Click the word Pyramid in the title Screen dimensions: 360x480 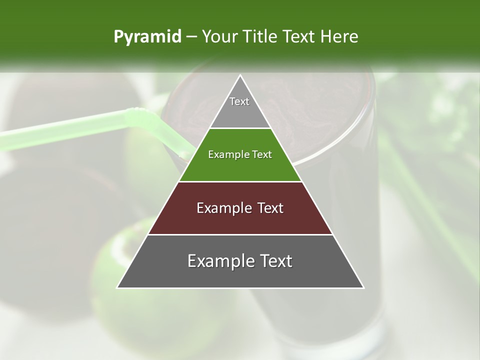[147, 37]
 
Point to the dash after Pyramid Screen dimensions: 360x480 [191, 37]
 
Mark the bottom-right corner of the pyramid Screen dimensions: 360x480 [363, 287]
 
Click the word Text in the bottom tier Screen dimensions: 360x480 [274, 261]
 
